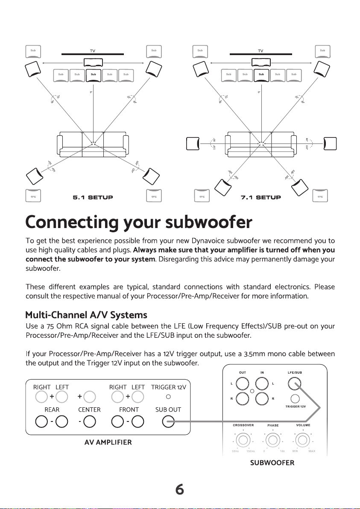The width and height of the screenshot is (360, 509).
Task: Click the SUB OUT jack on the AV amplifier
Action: pos(169,422)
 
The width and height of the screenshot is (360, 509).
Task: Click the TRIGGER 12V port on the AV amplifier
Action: pos(169,396)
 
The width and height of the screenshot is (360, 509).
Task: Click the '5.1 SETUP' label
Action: pos(93,197)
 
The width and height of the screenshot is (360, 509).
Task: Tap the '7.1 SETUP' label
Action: pos(261,197)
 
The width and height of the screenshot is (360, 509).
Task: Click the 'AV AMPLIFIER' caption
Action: pos(108,442)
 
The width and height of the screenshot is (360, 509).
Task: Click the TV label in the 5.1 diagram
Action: pos(92,50)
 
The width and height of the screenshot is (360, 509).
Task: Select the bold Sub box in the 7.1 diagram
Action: pos(261,74)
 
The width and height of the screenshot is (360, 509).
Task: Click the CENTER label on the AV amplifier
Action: pos(89,410)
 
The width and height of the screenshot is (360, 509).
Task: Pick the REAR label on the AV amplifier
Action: pos(51,410)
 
